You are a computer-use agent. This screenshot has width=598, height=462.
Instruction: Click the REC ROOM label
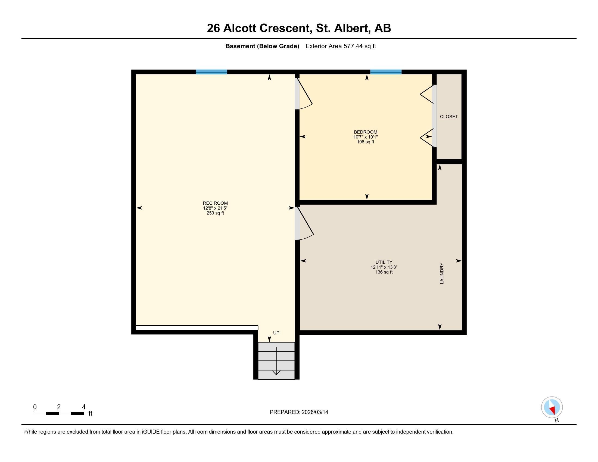point(215,203)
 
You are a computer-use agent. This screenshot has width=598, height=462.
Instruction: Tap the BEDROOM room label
point(366,132)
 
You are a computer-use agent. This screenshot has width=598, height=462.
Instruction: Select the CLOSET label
point(449,117)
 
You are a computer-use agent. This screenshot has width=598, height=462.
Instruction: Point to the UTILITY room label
point(384,262)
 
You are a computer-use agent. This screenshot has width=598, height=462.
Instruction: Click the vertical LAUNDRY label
point(442,273)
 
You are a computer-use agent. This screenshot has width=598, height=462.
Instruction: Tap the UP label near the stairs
point(276,333)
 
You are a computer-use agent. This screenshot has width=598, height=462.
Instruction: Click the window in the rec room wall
point(211,72)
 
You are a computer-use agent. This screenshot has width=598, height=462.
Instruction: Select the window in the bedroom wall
point(386,72)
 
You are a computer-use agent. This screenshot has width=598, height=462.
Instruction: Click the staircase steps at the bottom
point(276,361)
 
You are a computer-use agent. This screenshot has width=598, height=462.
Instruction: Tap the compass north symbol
point(552,407)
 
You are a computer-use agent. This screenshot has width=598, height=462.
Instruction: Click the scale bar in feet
point(59,413)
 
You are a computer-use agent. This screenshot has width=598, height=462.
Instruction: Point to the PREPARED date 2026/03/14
point(299,412)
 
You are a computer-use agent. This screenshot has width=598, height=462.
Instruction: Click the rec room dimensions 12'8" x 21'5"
point(215,208)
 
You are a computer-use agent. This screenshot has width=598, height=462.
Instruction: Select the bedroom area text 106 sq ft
point(366,142)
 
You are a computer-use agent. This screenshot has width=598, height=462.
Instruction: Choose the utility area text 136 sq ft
point(384,272)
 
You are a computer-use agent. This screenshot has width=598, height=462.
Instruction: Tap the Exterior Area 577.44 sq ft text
point(341,46)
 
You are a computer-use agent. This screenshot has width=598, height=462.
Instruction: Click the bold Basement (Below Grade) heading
point(262,46)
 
